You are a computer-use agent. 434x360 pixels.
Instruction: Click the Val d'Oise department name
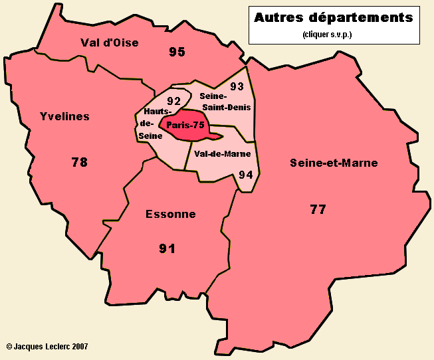point(109,43)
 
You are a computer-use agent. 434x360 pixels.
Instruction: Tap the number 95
point(177,51)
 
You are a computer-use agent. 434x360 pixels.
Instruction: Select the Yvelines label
point(64,117)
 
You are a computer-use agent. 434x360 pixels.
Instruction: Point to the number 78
point(79,161)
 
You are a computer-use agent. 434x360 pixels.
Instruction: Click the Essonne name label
point(171,214)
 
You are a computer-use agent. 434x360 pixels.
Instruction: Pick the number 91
point(167,248)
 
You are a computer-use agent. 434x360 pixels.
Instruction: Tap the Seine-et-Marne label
point(334,163)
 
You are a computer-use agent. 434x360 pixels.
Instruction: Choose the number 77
point(318,209)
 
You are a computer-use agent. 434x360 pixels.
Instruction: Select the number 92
point(174,101)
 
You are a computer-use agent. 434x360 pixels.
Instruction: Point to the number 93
point(237,86)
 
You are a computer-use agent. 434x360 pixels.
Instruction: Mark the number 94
point(245,175)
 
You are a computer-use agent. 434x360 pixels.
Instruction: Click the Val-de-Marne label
point(223,153)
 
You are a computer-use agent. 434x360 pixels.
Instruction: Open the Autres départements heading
point(333,17)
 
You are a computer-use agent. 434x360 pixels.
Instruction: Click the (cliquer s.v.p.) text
point(326,34)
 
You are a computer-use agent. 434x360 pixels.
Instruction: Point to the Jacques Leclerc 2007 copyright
point(47,346)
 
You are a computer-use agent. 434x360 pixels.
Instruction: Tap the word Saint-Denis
point(228,107)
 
